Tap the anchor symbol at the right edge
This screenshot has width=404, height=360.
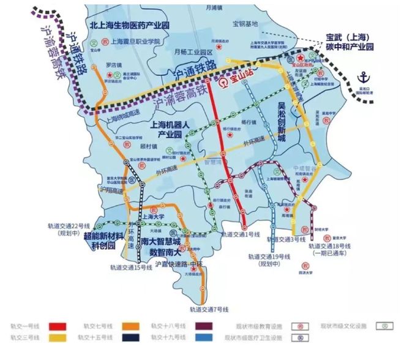(x=364, y=78)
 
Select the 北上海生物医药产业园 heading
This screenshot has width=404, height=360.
(x=129, y=24)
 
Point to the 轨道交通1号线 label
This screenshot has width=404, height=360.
(x=242, y=234)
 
